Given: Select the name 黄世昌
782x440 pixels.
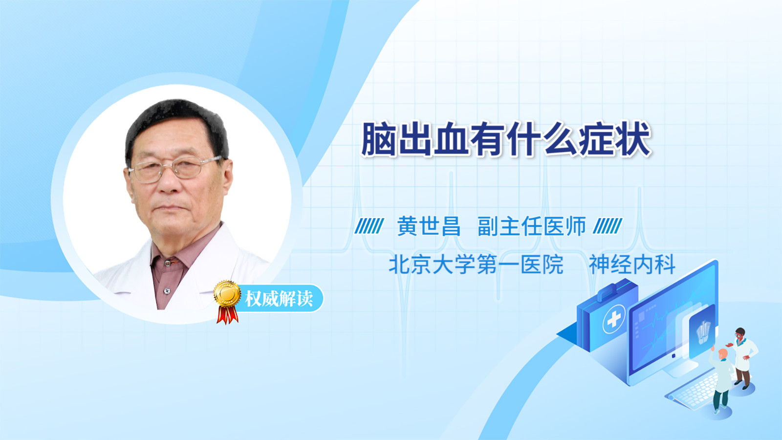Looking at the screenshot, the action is (x=429, y=226).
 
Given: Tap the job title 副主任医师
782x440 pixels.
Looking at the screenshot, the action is (x=532, y=226).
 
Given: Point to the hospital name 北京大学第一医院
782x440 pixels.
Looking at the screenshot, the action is (x=476, y=264).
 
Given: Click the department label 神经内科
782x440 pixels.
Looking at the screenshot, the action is (x=632, y=264).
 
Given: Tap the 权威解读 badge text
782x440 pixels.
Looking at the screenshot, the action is (x=279, y=299).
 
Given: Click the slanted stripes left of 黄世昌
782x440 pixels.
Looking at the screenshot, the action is (x=369, y=226).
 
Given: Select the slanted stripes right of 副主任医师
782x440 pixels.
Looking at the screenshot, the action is (x=608, y=226).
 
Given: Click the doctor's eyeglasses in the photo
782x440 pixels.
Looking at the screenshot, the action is (x=174, y=168).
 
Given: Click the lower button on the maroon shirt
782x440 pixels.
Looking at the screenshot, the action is (x=167, y=291).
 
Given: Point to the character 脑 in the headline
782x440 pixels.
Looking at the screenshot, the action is (x=378, y=139).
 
